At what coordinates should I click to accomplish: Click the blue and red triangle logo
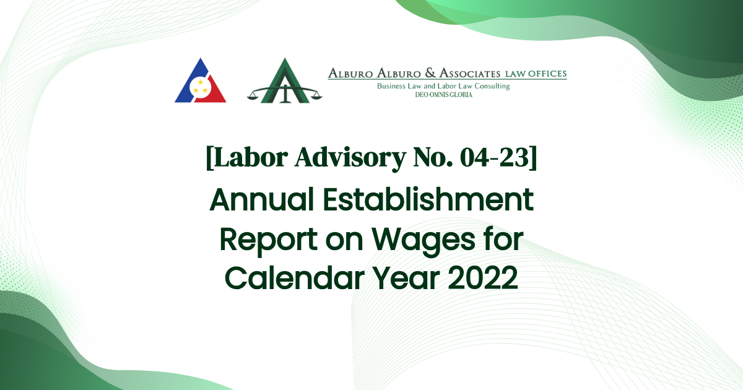click(200, 82)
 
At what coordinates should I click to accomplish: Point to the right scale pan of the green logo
click(313, 97)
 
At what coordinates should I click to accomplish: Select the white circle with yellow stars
click(200, 87)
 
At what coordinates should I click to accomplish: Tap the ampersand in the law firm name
click(419, 74)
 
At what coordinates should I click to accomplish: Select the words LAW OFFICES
click(536, 74)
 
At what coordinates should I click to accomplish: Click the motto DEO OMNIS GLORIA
click(443, 95)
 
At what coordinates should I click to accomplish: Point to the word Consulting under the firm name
click(490, 86)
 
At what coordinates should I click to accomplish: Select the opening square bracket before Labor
click(210, 159)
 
